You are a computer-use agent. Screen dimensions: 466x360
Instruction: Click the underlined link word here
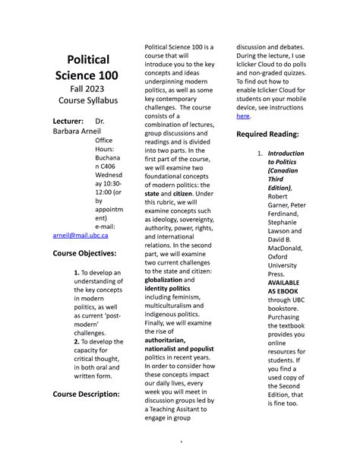[243, 116]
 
